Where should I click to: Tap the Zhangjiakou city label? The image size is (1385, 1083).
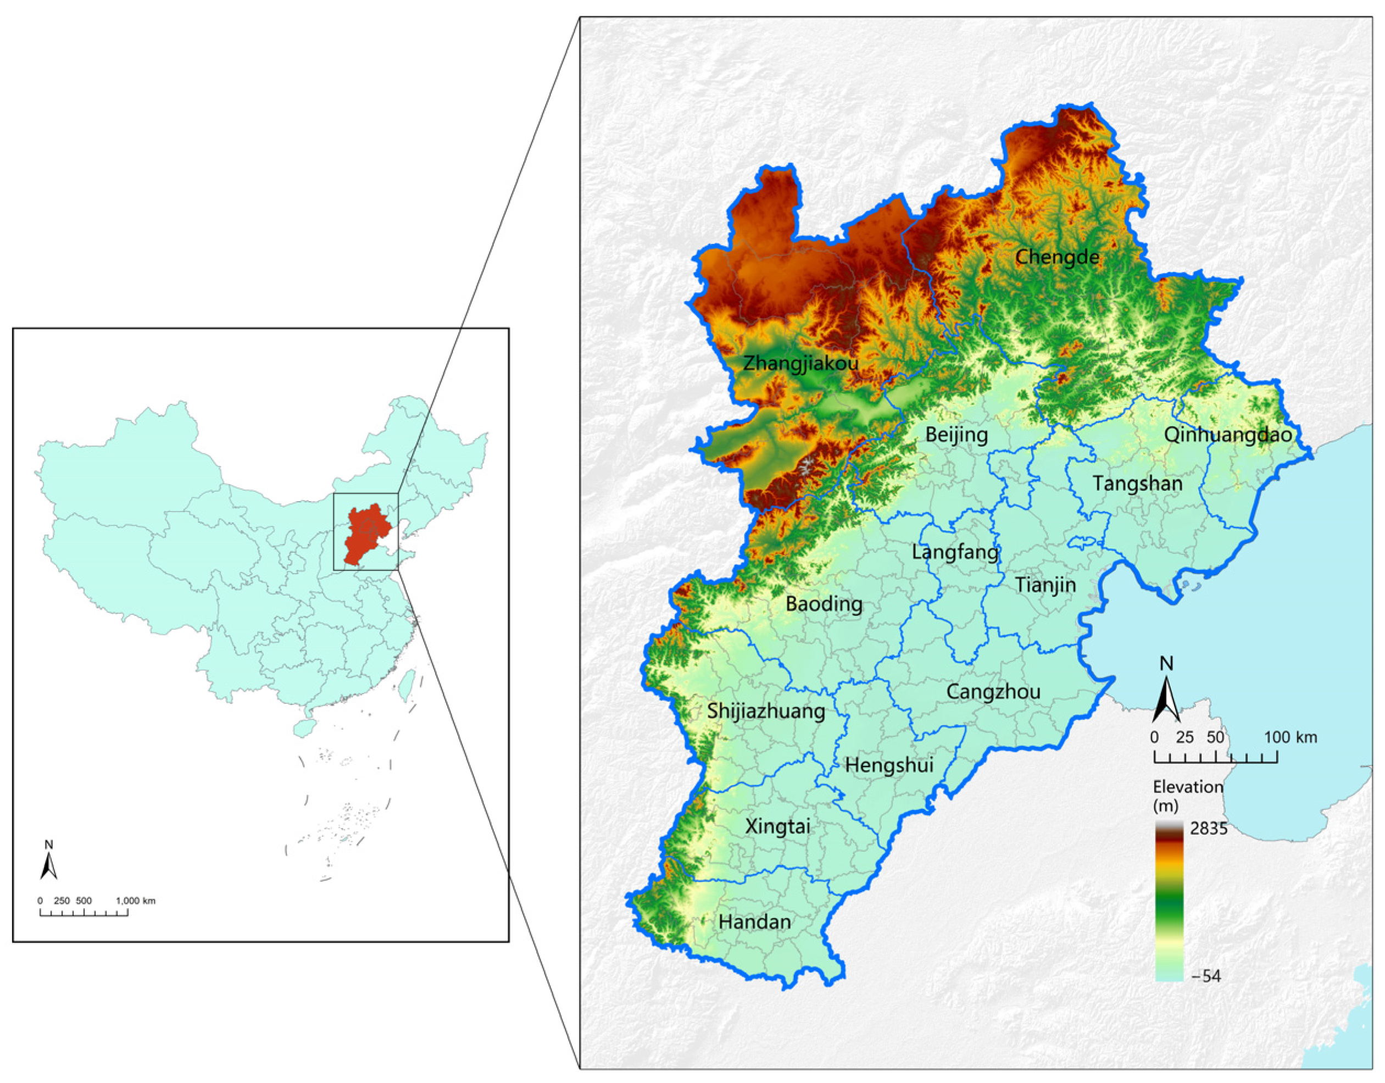pyautogui.click(x=800, y=363)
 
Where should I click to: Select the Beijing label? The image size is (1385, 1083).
pyautogui.click(x=956, y=435)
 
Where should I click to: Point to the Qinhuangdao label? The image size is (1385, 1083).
pyautogui.click(x=1228, y=435)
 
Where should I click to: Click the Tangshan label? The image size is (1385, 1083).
pyautogui.click(x=1137, y=484)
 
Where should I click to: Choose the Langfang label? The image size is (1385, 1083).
pyautogui.click(x=955, y=552)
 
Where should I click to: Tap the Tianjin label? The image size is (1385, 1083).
pyautogui.click(x=1045, y=585)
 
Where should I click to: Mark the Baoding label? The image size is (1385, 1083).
pyautogui.click(x=824, y=604)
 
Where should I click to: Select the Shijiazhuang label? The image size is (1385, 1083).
pyautogui.click(x=766, y=712)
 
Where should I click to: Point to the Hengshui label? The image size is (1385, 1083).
pyautogui.click(x=889, y=765)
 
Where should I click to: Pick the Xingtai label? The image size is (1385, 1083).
pyautogui.click(x=777, y=827)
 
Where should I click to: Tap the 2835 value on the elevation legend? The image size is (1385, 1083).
pyautogui.click(x=1209, y=829)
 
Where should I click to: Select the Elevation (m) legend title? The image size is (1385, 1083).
pyautogui.click(x=1187, y=796)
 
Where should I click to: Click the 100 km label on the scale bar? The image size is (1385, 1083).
pyautogui.click(x=1291, y=737)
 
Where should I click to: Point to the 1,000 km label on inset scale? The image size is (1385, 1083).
pyautogui.click(x=135, y=901)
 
